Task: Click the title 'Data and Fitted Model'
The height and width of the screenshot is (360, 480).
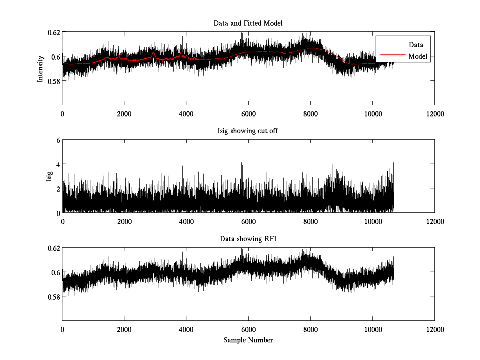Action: pos(248,23)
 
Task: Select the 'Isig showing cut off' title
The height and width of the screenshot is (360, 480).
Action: pos(248,131)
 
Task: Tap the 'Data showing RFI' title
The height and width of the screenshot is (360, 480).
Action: pos(248,239)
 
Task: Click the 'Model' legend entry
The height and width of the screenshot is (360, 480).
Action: pos(418,56)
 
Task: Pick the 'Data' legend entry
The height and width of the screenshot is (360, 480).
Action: pos(416,45)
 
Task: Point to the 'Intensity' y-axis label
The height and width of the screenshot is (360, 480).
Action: pos(40,68)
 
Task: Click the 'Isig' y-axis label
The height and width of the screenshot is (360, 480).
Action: pos(49,176)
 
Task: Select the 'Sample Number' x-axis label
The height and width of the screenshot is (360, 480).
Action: pos(248,340)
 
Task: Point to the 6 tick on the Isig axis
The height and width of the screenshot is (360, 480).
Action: pos(58,140)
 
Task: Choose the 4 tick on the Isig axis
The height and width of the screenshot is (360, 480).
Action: pos(58,164)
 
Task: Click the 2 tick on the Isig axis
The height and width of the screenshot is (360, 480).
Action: pos(58,188)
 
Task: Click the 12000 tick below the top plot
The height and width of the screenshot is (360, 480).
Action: pos(435,114)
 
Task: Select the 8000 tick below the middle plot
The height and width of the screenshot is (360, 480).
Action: pos(310,222)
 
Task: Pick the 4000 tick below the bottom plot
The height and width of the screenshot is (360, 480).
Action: pos(186,330)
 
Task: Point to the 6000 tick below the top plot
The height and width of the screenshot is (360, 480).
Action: pos(248,114)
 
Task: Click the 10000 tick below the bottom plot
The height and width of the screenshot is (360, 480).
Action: pos(372,330)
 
